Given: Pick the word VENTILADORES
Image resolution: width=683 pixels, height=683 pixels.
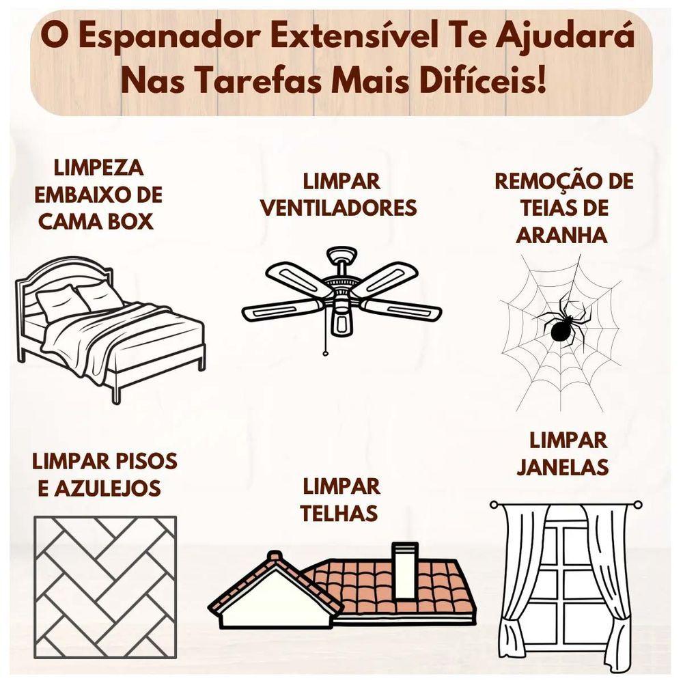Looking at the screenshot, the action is click(339, 208).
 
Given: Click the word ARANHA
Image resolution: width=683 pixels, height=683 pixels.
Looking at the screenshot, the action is click(562, 235).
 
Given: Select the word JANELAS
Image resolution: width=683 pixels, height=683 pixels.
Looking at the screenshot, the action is click(562, 467).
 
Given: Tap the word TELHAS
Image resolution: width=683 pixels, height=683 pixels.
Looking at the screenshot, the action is click(339, 514).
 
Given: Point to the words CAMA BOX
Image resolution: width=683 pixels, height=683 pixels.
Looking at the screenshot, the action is click(96, 222).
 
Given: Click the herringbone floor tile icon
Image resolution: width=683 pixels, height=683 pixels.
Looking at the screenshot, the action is click(105, 587).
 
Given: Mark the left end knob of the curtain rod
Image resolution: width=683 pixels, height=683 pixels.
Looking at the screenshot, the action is click(494, 505).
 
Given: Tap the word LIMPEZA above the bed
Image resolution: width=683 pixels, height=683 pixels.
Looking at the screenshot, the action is click(98, 168).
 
